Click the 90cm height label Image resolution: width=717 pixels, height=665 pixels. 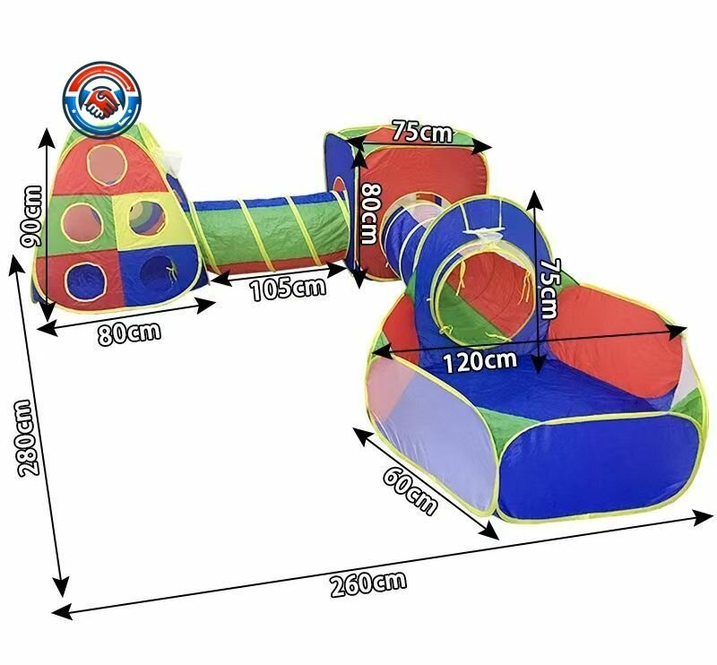tap(32, 216)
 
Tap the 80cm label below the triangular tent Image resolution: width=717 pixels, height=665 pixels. tap(129, 332)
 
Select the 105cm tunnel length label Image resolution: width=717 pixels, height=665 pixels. tap(288, 289)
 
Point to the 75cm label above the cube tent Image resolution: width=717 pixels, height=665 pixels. tap(422, 131)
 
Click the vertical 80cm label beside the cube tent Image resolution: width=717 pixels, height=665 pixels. tap(370, 213)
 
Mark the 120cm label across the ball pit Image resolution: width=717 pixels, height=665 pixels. tap(480, 361)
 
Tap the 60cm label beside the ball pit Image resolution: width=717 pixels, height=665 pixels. tap(410, 492)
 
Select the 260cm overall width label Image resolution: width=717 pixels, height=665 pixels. tap(368, 583)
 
